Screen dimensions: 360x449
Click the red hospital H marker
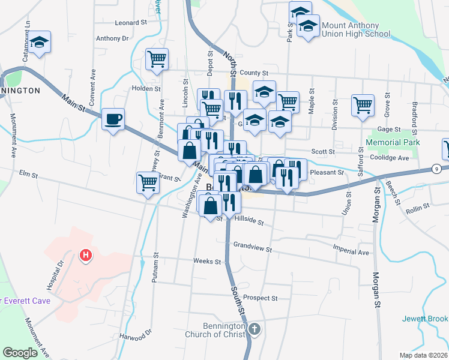click(86, 256)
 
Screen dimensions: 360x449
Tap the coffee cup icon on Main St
click(112, 119)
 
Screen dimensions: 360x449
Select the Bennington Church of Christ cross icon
click(255, 328)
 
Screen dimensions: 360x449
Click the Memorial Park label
click(393, 143)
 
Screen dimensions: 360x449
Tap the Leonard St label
click(131, 22)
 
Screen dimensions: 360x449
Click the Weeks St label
click(207, 262)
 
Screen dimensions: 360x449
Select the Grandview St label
click(253, 247)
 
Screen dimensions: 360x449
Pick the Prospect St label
click(260, 298)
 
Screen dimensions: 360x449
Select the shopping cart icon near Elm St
click(148, 182)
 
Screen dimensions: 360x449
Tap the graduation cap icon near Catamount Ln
click(40, 42)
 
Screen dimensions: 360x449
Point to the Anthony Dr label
click(112, 38)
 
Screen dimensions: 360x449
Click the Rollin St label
click(418, 206)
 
